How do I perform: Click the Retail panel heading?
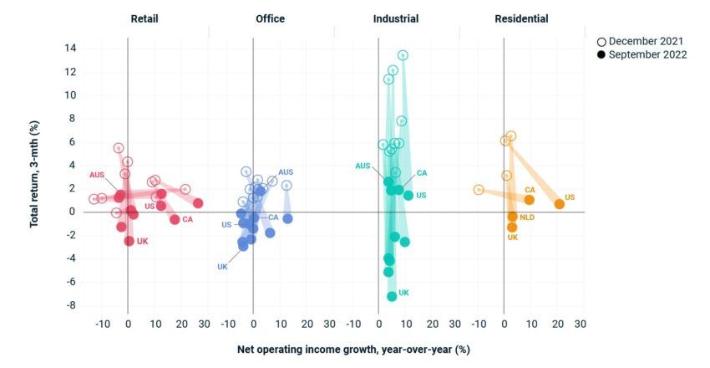coord(145,18)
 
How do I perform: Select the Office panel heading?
coord(270,18)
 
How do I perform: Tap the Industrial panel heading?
coord(396,18)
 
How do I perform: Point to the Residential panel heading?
coord(521,18)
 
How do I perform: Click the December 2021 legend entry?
coord(642,41)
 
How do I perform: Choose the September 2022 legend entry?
coord(642,54)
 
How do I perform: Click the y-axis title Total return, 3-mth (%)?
coord(35,176)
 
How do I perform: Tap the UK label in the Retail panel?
coord(142,242)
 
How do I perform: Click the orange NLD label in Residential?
coord(527,217)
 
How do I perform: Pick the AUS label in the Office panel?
coord(286,172)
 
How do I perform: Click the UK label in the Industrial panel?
coord(403,294)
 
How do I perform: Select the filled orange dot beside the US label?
coord(560,204)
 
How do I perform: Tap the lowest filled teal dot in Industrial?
coord(392,296)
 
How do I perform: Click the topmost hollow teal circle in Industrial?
coord(403,55)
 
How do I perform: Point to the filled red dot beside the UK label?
coord(129,241)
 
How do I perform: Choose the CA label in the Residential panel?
coord(530,190)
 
